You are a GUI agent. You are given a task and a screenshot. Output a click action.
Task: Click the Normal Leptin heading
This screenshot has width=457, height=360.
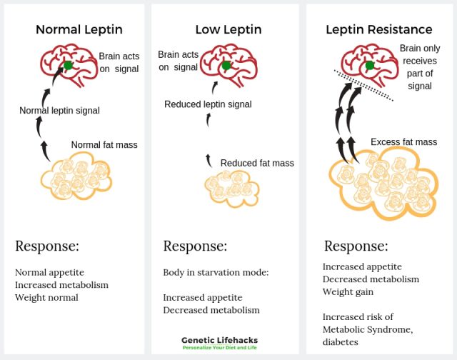coord(79,30)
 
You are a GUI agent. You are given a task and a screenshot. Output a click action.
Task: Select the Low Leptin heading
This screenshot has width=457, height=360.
coord(228,30)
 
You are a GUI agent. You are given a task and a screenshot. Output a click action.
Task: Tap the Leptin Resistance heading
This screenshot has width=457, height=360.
coord(378,30)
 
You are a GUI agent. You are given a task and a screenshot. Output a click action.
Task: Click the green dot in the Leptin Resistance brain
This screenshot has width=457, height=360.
coord(370,66)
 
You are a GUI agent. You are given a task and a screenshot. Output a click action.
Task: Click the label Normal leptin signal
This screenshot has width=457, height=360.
coord(59,111)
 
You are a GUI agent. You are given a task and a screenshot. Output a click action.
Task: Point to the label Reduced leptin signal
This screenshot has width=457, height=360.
coord(208,104)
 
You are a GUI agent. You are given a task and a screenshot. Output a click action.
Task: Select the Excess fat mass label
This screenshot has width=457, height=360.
coord(403,142)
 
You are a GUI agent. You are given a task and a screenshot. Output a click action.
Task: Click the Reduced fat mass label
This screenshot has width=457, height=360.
coord(257,163)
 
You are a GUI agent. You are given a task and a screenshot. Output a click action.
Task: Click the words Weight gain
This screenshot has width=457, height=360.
coord(348,291)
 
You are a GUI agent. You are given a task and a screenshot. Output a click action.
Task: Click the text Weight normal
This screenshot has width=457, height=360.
coord(46,297)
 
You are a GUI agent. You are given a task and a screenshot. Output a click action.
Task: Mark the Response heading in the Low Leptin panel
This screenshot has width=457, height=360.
coord(195,246)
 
